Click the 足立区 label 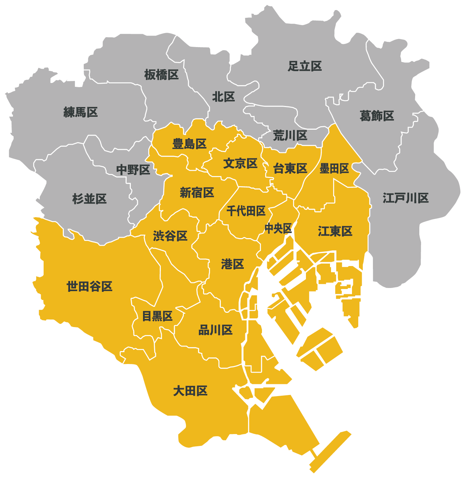tap(305, 66)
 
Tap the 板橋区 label tap(161, 75)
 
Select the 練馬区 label tap(81, 112)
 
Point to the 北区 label tap(223, 97)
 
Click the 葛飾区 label tap(377, 116)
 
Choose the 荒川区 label tap(290, 136)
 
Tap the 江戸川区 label tap(405, 198)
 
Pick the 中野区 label tap(133, 170)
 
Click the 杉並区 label tap(89, 199)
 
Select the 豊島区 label tap(189, 144)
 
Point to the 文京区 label tap(240, 163)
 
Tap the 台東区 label tap(290, 168)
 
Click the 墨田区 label tap(334, 168)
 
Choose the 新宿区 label tap(197, 192)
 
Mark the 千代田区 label tap(246, 211)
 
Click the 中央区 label tap(278, 228)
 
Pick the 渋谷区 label tap(170, 236)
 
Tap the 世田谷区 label tap(89, 287)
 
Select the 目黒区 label tap(157, 316)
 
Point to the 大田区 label tap(190, 391)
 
